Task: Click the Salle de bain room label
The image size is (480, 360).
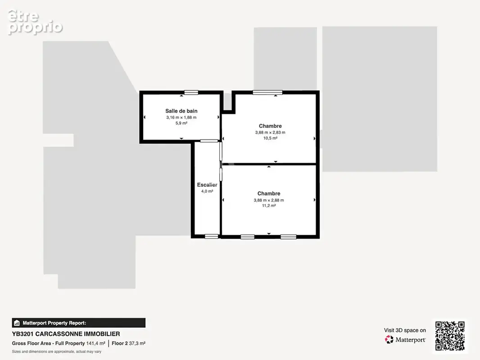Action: click(181, 111)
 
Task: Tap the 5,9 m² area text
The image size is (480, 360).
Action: click(181, 123)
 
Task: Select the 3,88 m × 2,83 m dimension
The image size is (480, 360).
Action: click(270, 132)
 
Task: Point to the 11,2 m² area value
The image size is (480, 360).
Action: click(269, 206)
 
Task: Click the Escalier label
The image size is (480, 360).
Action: click(207, 185)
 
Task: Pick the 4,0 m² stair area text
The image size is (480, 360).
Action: click(207, 191)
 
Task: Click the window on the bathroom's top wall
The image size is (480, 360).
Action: click(191, 92)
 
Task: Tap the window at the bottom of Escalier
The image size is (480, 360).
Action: click(212, 236)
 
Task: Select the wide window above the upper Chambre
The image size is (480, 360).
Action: click(267, 92)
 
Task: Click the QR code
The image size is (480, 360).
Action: click(450, 336)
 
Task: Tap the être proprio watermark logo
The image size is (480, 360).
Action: click(35, 22)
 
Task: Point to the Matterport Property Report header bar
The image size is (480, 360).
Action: click(79, 323)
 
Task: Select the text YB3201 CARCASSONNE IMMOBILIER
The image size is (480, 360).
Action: click(66, 334)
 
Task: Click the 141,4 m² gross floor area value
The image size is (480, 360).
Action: click(95, 343)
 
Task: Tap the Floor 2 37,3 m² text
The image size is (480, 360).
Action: click(129, 343)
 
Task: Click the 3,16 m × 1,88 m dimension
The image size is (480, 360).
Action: click(181, 117)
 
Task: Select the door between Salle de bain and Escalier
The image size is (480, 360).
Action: click(209, 141)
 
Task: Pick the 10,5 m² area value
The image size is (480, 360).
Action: click(270, 138)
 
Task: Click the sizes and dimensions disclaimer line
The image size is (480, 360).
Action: click(57, 352)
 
